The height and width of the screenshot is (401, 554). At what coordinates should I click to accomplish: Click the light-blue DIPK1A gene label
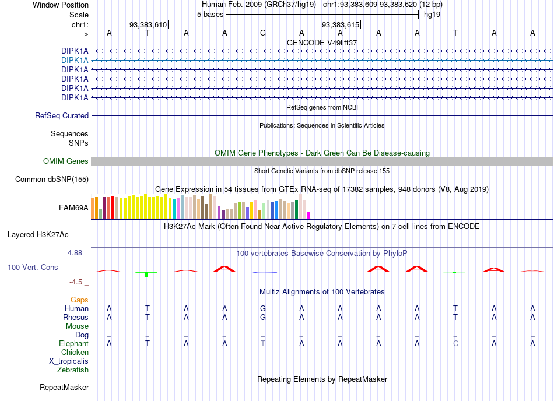coord(75,61)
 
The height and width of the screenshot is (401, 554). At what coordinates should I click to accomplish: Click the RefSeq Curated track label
coord(62,116)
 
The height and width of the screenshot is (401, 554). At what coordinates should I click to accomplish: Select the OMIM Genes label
coord(66,161)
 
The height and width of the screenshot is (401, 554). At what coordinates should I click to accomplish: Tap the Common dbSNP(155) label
coord(52,180)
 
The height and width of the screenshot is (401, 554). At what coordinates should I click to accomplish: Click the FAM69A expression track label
coord(73,208)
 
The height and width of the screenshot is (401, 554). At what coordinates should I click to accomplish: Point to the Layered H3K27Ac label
coord(38,235)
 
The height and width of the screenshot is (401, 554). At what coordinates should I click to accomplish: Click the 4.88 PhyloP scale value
coord(75,253)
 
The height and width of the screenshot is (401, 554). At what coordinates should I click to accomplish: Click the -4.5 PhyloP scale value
coord(76,282)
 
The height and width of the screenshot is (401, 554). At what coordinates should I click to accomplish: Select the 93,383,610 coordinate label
coord(148,24)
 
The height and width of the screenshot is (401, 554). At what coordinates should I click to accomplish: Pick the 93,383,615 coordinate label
coord(340,24)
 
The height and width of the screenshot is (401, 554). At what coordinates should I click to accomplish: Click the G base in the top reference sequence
coord(263,33)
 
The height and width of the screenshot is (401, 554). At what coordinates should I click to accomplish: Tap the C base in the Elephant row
coord(456,344)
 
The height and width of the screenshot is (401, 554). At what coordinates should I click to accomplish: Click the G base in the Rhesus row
coord(263,317)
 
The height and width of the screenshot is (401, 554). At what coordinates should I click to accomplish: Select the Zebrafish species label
coord(73,370)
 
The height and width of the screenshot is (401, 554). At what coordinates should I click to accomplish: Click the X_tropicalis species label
coord(69,361)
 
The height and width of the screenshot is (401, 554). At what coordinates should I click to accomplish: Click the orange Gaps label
coord(79,300)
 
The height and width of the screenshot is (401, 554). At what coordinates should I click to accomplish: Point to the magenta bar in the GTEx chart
coord(309,215)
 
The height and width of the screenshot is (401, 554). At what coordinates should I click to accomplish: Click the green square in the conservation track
coord(146,275)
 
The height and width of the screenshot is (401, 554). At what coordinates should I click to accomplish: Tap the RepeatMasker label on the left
coord(64,388)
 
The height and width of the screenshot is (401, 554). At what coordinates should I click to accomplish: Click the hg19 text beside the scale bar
coord(432,15)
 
